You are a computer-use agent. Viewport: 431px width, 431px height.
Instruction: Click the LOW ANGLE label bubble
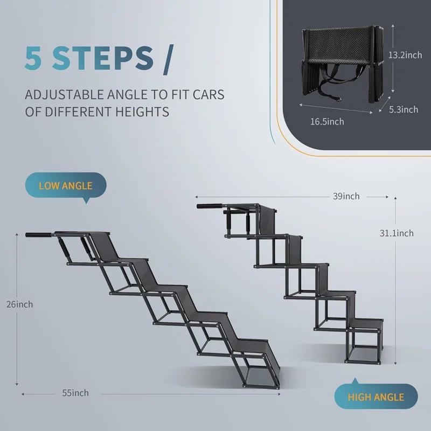click(66, 186)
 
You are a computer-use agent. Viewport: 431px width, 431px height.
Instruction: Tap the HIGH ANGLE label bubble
click(376, 398)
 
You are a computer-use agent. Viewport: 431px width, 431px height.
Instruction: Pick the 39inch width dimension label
click(346, 196)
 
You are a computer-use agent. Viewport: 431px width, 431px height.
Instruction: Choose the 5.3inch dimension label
click(403, 109)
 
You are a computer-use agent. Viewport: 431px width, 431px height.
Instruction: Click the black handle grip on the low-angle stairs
click(39, 235)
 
